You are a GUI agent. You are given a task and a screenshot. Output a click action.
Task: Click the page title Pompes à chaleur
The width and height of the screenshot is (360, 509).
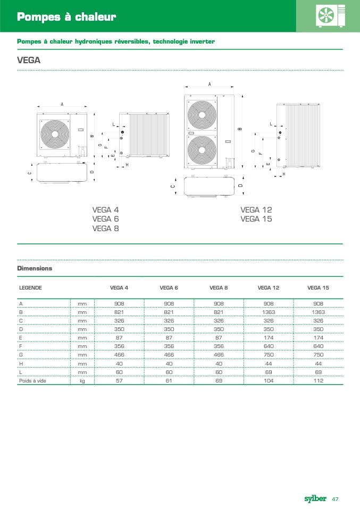click(66, 18)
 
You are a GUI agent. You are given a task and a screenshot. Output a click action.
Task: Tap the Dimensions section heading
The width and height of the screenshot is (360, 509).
click(35, 268)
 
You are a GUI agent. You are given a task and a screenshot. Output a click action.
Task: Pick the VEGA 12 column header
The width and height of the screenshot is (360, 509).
click(268, 287)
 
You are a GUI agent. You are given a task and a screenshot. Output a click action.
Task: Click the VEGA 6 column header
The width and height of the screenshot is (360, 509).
click(169, 287)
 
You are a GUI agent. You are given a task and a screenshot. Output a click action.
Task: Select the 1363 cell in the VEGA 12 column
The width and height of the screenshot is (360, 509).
click(268, 312)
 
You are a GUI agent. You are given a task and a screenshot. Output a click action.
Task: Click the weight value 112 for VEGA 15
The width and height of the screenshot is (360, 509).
click(318, 381)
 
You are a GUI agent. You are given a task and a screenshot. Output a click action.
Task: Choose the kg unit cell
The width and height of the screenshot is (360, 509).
click(82, 381)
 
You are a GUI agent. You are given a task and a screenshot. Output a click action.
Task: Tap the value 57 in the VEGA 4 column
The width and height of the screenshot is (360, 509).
click(119, 381)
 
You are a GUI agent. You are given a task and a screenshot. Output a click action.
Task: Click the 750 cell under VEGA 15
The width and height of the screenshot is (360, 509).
click(318, 355)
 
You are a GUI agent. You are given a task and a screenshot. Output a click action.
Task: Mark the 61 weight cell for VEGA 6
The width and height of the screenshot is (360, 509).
click(169, 381)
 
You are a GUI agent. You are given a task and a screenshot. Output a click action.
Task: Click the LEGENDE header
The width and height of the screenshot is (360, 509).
click(30, 287)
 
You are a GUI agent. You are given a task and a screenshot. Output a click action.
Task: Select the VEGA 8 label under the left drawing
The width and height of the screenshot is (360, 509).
click(105, 228)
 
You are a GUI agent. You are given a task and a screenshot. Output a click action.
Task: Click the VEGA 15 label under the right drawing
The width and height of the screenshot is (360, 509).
click(256, 219)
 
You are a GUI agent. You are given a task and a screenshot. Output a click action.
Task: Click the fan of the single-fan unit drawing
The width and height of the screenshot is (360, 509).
click(55, 134)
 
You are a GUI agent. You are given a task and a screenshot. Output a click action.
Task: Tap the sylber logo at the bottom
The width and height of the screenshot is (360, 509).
click(315, 498)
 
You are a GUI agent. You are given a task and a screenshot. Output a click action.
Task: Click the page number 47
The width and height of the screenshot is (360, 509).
click(336, 499)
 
